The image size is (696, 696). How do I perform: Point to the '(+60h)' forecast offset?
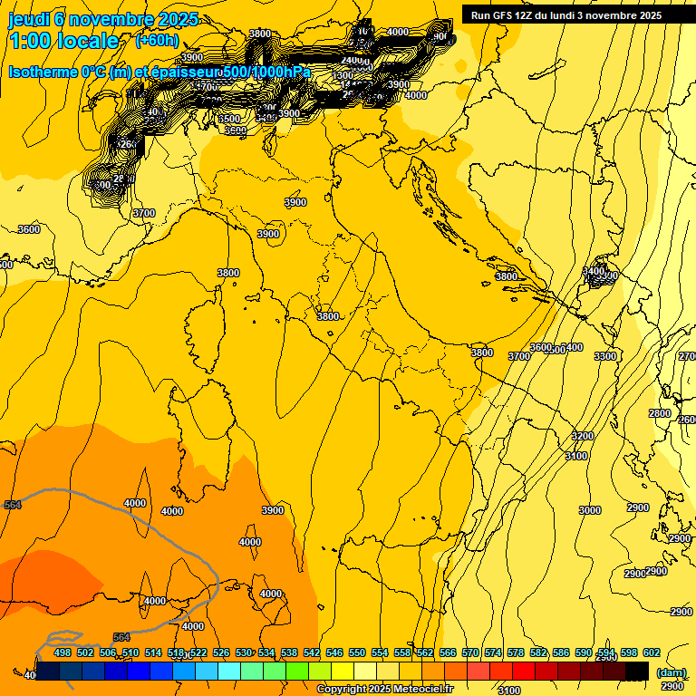tap(157, 41)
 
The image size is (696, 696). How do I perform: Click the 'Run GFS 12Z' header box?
tap(565, 14)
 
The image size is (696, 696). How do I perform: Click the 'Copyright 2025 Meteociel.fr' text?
tap(385, 690)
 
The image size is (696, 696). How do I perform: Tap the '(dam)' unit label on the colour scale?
tap(671, 672)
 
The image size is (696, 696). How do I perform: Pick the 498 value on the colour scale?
tap(63, 652)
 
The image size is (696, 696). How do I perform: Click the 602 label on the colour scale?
tap(651, 652)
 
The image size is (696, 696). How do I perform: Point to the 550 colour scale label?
tap(357, 652)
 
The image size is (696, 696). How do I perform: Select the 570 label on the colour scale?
tap(470, 652)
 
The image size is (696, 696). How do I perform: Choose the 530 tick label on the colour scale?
tap(244, 652)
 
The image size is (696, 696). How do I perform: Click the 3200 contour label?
tap(582, 436)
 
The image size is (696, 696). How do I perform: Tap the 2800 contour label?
tap(660, 413)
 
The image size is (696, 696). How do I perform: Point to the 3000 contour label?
tap(589, 510)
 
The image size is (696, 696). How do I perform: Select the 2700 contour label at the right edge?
tap(688, 356)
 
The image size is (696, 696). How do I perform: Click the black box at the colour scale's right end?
tap(637, 671)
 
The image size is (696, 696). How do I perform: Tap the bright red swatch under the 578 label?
tap(524, 671)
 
